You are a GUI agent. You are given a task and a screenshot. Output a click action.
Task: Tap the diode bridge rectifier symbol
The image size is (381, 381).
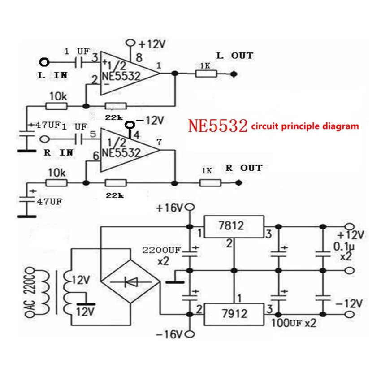pyautogui.click(x=130, y=281)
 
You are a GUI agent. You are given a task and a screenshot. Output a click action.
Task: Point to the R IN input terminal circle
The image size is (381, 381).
pyautogui.click(x=44, y=139)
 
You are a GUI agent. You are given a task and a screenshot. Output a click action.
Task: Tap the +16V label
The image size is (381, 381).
pyautogui.click(x=170, y=208)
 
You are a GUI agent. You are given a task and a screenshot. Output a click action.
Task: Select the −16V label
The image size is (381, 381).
pyautogui.click(x=170, y=334)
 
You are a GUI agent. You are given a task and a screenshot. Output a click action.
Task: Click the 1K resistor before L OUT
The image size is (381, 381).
pyautogui.click(x=206, y=74)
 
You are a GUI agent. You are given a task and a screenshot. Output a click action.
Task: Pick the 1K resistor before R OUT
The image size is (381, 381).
pyautogui.click(x=210, y=182)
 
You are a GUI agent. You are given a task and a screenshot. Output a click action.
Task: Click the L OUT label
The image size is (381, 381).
pyautogui.click(x=234, y=56)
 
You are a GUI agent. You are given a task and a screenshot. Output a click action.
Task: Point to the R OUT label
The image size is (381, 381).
pyautogui.click(x=243, y=168)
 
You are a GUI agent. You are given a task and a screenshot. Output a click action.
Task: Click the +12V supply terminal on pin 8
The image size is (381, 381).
pyautogui.click(x=131, y=43)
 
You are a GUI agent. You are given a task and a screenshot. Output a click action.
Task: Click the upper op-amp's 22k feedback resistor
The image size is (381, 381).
pyautogui.click(x=115, y=106)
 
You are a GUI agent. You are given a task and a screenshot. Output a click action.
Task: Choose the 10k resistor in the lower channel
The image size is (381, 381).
pyautogui.click(x=56, y=182)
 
